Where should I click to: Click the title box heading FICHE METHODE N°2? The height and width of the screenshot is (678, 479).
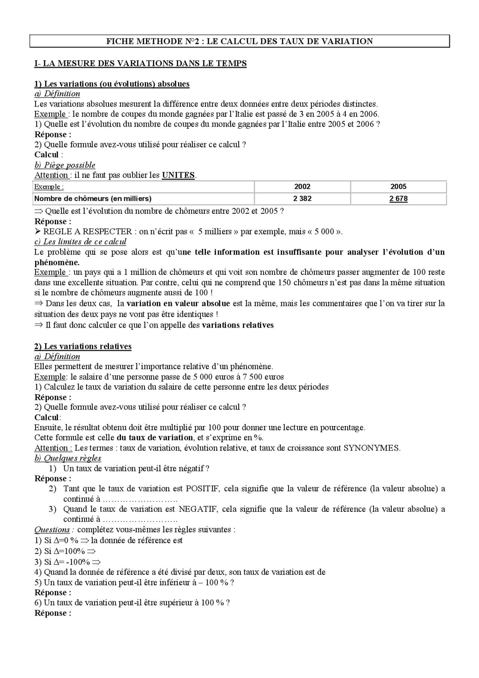[x=239, y=41]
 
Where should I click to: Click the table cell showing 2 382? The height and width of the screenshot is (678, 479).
[x=302, y=199]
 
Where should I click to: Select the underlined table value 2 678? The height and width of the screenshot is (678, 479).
[x=398, y=199]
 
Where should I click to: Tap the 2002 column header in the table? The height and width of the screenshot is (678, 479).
[x=302, y=186]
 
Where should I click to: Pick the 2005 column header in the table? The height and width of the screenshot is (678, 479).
[x=398, y=186]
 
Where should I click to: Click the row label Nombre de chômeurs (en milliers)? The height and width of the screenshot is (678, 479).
[x=93, y=199]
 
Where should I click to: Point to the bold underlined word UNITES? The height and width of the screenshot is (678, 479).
[x=178, y=175]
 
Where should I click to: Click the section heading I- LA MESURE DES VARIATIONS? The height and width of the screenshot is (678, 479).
[x=140, y=63]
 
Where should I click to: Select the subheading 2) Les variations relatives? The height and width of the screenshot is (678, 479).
[x=83, y=346]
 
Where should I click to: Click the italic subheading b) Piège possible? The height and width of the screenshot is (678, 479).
[x=65, y=165]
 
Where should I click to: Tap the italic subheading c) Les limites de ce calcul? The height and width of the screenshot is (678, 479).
[x=80, y=242]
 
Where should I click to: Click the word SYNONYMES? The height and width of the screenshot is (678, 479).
[x=371, y=448]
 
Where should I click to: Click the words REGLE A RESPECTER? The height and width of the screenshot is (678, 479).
[x=88, y=232]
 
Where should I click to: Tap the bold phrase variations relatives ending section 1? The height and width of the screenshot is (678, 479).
[x=238, y=325]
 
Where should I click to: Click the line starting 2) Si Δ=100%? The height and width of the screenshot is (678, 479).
[x=65, y=551]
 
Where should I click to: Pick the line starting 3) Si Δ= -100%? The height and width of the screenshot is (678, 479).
[x=68, y=562]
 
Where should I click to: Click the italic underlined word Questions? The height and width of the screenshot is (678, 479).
[x=52, y=530]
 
